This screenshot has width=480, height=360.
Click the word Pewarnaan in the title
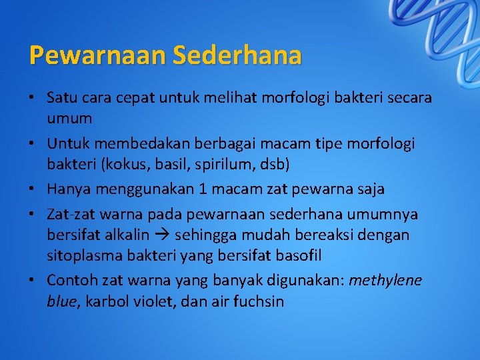click(x=97, y=55)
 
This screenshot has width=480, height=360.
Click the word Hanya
click(x=69, y=189)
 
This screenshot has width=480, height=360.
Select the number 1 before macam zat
click(x=203, y=189)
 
